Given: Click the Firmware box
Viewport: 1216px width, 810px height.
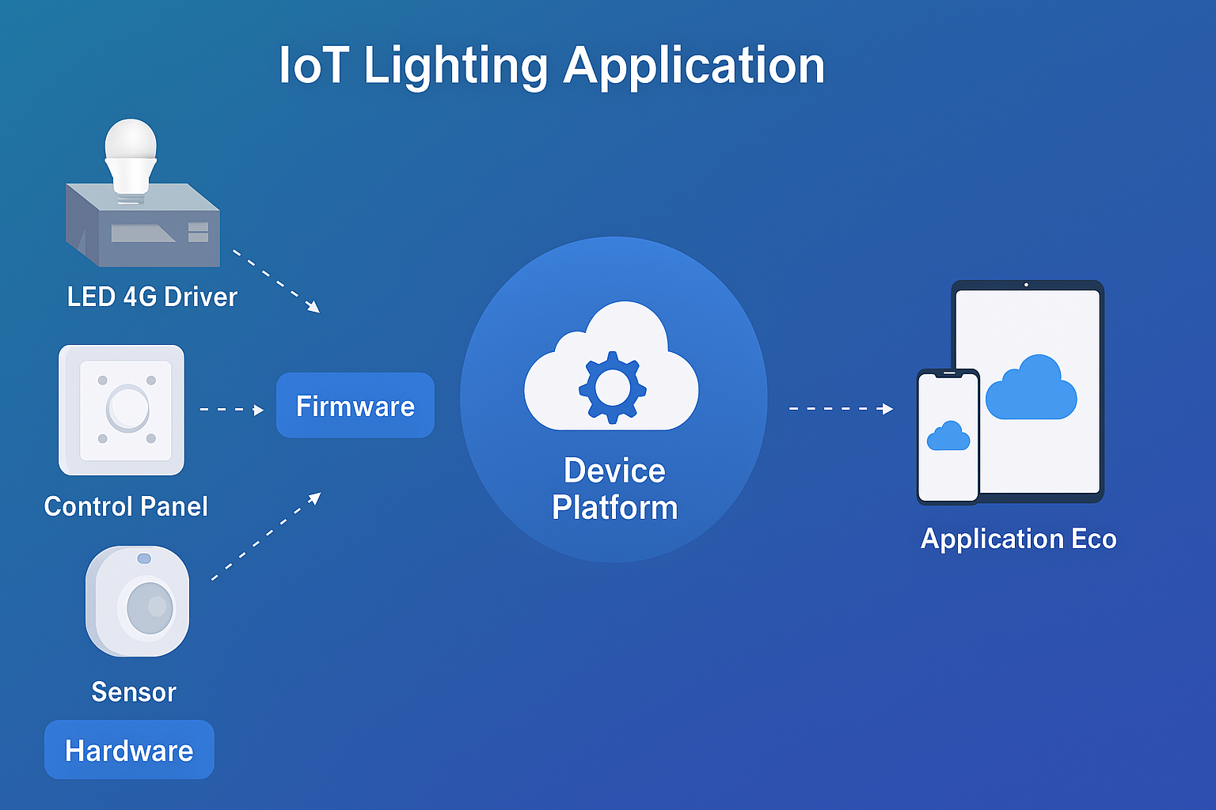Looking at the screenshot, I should click(x=355, y=406).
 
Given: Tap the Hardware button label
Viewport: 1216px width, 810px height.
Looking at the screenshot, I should click(x=129, y=750).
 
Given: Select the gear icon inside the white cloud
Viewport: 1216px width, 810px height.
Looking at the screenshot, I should click(x=612, y=387).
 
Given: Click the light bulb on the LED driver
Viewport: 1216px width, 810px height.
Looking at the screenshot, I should click(x=131, y=155).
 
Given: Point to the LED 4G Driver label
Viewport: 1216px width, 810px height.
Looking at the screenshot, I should click(x=152, y=297).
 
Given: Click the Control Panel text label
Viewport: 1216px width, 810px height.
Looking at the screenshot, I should click(x=126, y=506).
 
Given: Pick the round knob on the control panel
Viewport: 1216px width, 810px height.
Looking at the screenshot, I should click(x=127, y=407).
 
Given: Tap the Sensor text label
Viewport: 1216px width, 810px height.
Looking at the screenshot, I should click(x=134, y=692).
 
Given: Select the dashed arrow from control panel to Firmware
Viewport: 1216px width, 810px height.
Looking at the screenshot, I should click(x=231, y=409).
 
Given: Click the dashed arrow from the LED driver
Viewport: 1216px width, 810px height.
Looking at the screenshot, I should click(x=275, y=281).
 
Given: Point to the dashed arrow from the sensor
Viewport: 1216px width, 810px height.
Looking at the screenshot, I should click(x=266, y=536).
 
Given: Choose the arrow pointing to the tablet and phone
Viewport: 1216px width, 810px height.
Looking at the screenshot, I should click(x=841, y=409).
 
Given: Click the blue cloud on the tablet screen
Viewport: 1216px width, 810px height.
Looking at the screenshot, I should click(x=1031, y=388).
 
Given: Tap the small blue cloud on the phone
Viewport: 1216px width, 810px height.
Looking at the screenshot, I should click(x=948, y=437).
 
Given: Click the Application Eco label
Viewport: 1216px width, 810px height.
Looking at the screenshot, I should click(x=1018, y=539).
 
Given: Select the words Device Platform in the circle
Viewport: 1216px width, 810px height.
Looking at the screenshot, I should click(x=614, y=489).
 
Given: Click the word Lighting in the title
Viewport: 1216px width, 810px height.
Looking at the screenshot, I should click(x=455, y=66).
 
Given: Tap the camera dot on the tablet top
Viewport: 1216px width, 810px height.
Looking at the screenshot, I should click(x=1026, y=285).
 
